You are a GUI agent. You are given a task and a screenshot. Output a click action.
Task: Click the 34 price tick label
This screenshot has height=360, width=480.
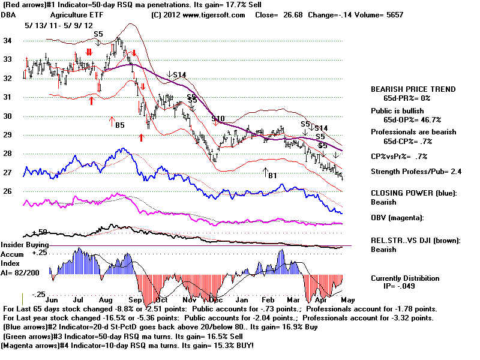(8, 40)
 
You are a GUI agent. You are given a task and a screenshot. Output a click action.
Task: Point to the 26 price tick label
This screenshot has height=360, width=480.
(8, 191)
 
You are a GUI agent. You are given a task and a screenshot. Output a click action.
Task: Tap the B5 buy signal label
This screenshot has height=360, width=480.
(120, 125)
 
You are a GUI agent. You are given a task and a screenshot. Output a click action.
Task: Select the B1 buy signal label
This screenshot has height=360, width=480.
(272, 175)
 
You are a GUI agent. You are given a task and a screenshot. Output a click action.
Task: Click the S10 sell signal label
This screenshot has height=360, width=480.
(217, 118)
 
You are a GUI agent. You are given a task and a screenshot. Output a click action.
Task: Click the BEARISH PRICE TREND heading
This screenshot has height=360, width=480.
(413, 89)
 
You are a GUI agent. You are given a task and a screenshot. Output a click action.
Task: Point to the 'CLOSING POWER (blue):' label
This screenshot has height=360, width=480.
(413, 193)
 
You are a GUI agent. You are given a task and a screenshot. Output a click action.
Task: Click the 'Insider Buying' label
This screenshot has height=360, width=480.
(24, 245)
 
